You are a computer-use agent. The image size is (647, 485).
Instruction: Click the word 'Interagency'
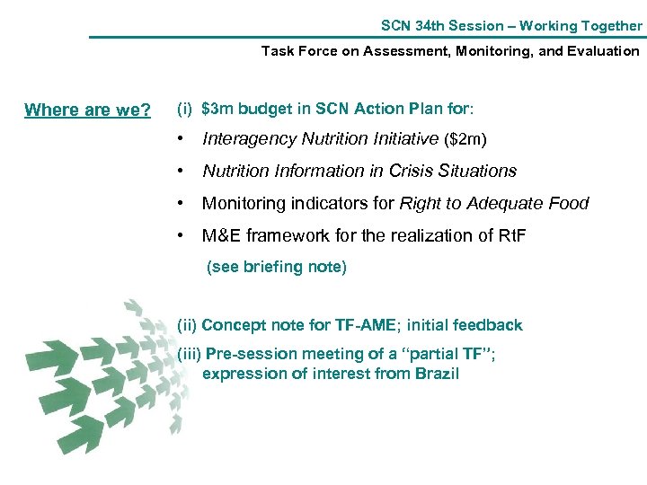(x=248, y=139)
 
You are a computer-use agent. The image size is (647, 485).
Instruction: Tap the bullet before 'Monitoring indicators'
(x=182, y=203)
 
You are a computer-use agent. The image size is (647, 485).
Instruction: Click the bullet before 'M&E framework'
(x=182, y=235)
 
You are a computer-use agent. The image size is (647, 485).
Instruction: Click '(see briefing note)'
(x=277, y=267)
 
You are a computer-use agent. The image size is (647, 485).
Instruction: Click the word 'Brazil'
(x=435, y=374)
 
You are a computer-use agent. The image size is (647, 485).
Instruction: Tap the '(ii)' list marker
(x=188, y=325)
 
